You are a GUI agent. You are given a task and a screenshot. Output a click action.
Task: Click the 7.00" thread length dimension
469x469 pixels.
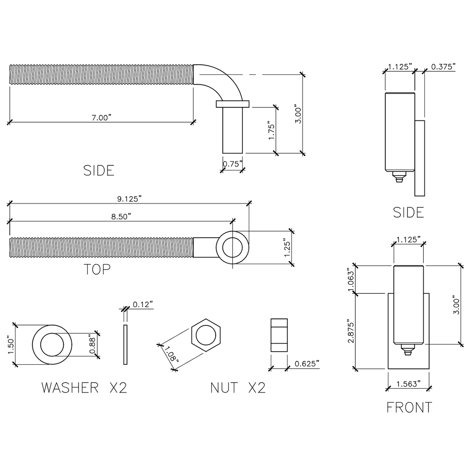pos(101,117)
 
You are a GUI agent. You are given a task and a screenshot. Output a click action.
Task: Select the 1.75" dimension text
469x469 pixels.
pos(272,130)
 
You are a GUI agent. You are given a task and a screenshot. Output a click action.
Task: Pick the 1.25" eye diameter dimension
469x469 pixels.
pos(288,248)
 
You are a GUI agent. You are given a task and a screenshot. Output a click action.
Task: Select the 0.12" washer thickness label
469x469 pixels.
pos(143,304)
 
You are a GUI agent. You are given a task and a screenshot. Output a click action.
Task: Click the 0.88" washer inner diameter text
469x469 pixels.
pos(93,345)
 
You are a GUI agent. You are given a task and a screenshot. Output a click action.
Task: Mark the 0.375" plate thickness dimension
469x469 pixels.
pos(443,67)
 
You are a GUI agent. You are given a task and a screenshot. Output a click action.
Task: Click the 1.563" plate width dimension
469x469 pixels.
pos(409,384)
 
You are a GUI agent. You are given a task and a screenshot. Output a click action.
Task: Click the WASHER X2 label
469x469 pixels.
pos(84,387)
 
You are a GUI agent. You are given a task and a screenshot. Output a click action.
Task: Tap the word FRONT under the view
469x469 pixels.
pos(409,407)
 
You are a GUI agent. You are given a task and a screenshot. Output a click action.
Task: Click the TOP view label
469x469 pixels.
pos(97,269)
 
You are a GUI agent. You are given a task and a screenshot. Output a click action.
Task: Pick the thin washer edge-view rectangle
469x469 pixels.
pos(125,345)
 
